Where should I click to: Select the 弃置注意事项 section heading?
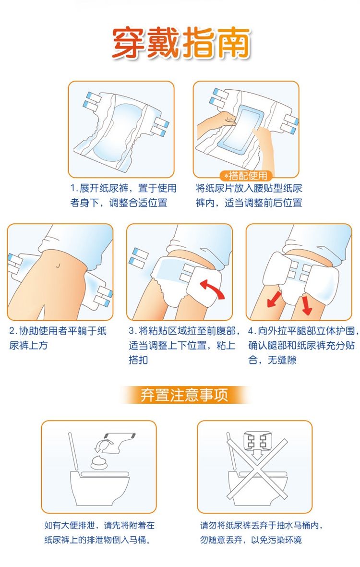[x=184, y=395]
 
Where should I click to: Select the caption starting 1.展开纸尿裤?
[x=123, y=195]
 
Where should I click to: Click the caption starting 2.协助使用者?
[x=58, y=338]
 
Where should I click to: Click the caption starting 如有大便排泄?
[x=99, y=532]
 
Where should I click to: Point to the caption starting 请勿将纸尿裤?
[x=261, y=532]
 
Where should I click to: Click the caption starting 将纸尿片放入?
[x=249, y=195]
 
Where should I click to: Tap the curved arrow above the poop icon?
[x=100, y=446]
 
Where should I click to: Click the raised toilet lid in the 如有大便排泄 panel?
[x=73, y=451]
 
